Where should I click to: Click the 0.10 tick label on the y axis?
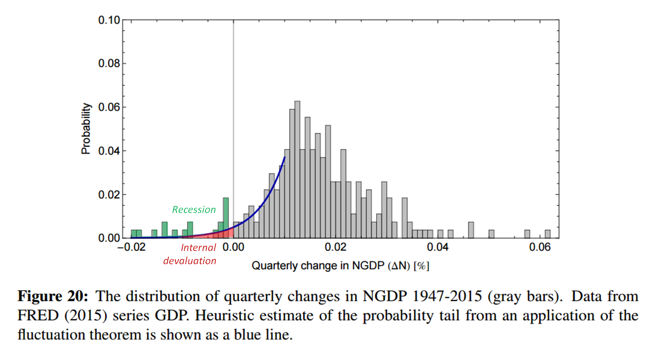[109, 20]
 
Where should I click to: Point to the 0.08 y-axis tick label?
[109, 64]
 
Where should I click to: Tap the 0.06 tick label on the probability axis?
[109, 107]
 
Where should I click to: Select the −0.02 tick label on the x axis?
[131, 247]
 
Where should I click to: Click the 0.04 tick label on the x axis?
[438, 247]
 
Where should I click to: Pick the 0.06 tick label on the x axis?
[540, 247]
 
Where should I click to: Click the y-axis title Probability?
[86, 129]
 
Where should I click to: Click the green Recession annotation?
[194, 210]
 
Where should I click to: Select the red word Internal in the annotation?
[198, 248]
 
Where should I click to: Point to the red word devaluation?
[190, 261]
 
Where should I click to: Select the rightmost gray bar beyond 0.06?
[547, 234]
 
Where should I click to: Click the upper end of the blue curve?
[284, 158]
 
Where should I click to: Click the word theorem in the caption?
[122, 334]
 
